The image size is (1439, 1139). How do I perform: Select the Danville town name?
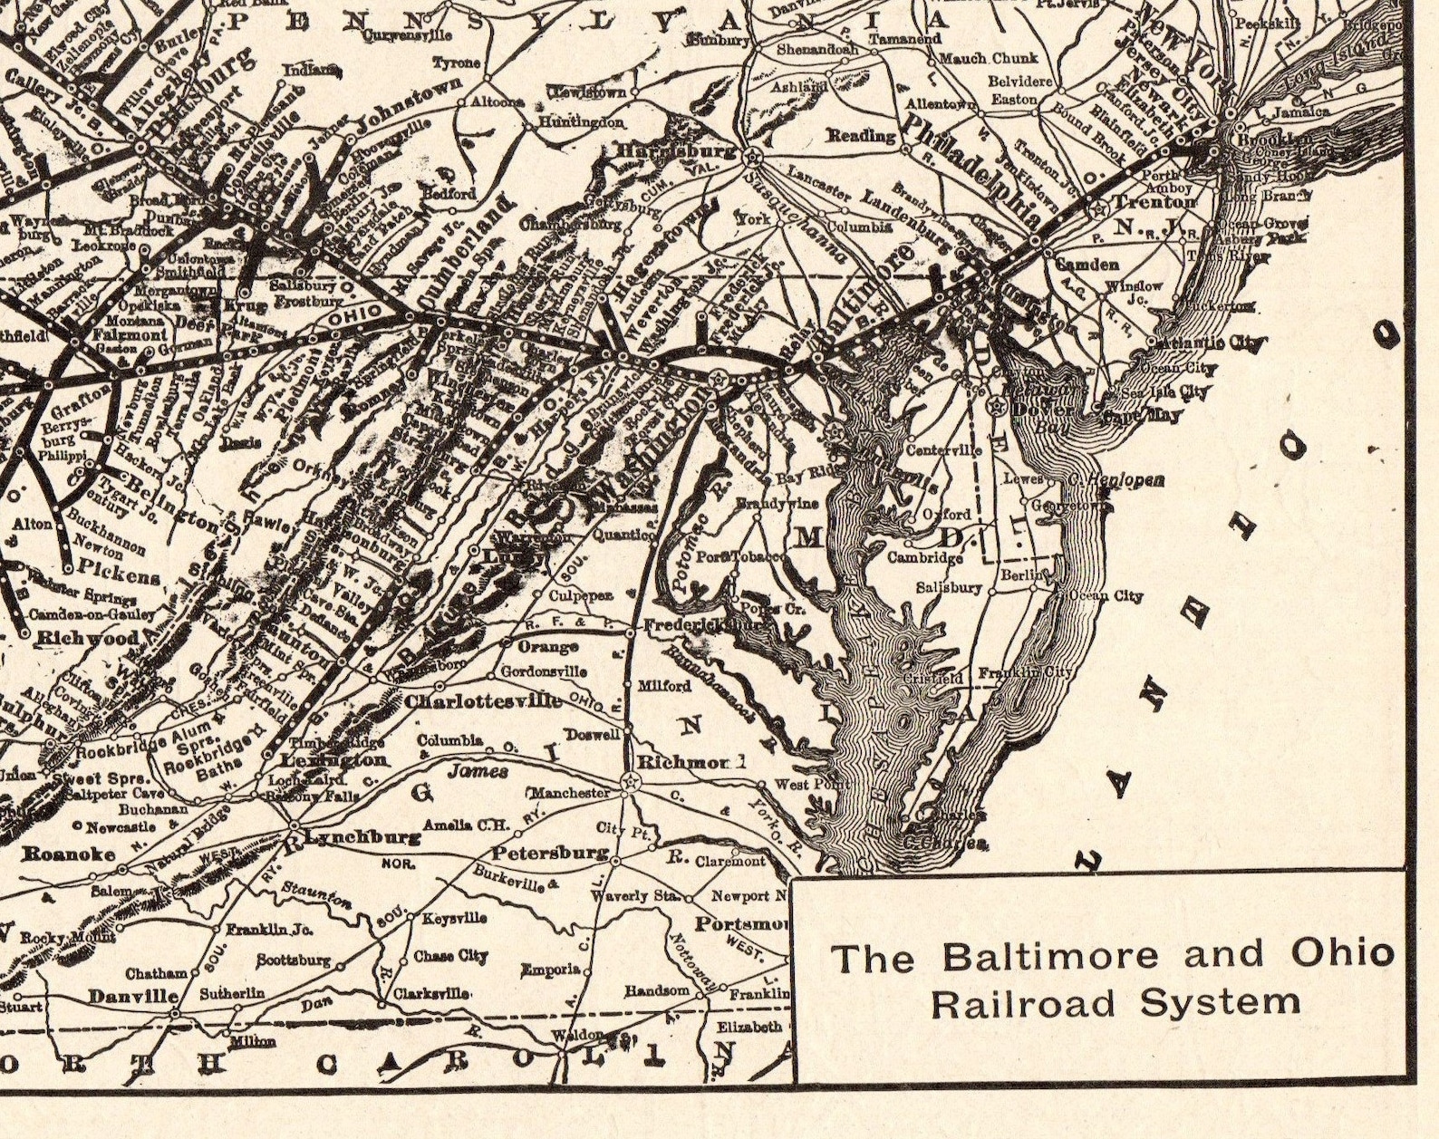133,996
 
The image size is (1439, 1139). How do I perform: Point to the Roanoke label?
69,854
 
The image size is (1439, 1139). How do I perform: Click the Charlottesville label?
483,701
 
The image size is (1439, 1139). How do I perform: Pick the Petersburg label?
549,853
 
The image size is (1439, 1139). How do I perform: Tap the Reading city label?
861,136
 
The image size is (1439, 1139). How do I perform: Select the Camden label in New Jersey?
1087,265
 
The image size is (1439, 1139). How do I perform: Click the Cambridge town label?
924,557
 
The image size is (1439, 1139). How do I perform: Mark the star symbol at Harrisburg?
750,157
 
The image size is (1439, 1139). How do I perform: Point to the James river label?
478,771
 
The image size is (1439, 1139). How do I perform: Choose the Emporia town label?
550,970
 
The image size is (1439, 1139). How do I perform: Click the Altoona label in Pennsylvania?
497,101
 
